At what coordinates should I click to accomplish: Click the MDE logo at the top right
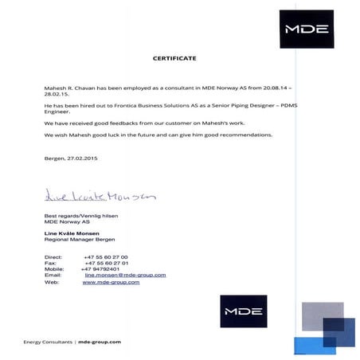point(306,29)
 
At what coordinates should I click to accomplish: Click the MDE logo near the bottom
point(244,311)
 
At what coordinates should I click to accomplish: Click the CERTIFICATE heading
point(174,58)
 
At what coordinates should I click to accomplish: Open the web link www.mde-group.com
point(112,282)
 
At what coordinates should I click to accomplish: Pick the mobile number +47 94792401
point(100,268)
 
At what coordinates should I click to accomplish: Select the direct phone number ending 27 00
point(105,256)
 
